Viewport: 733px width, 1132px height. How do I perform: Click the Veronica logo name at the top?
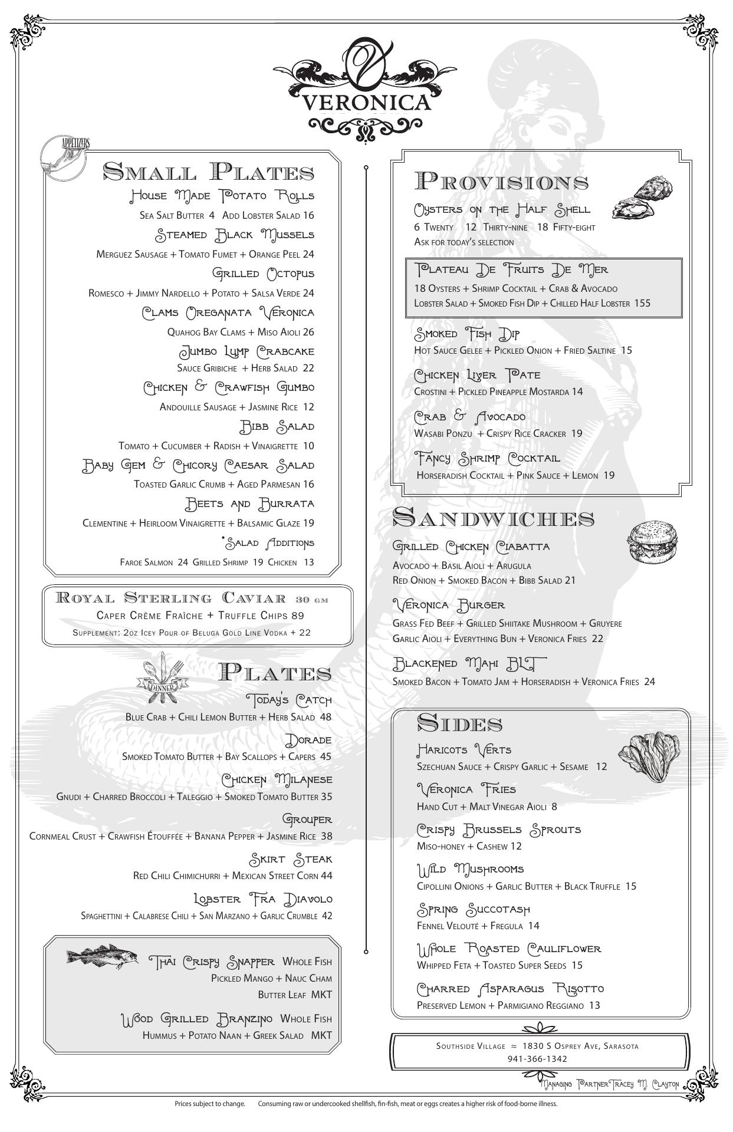(x=366, y=102)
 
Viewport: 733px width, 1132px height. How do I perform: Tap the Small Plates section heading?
(x=208, y=172)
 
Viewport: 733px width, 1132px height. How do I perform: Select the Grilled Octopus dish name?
(x=263, y=274)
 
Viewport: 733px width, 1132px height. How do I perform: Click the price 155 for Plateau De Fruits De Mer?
(x=642, y=303)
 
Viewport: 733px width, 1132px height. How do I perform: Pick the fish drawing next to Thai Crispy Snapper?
(x=102, y=956)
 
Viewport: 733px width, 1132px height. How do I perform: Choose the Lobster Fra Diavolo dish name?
(x=263, y=899)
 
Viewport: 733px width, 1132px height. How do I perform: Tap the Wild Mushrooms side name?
(x=470, y=869)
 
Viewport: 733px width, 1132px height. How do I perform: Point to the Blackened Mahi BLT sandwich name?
(x=469, y=664)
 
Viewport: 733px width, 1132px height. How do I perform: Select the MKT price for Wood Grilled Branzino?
(x=321, y=1035)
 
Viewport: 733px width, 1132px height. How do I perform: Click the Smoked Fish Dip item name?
(x=467, y=334)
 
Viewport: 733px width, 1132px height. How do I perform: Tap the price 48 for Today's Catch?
(x=326, y=717)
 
